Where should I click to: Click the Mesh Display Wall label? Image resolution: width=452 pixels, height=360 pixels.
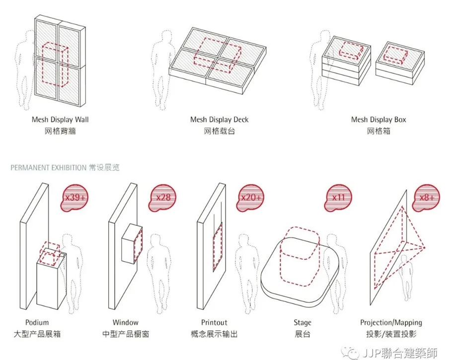[x=60, y=120]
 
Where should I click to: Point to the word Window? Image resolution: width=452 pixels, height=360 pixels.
[x=125, y=323]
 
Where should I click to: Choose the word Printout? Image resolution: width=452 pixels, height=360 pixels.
[x=214, y=323]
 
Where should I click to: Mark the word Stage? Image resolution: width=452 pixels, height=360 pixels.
[x=302, y=323]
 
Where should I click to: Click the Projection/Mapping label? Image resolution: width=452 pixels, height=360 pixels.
[x=391, y=323]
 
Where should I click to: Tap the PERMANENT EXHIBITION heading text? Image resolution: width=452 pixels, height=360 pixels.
[x=48, y=168]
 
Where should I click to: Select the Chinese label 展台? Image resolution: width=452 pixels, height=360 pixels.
[x=302, y=334]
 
